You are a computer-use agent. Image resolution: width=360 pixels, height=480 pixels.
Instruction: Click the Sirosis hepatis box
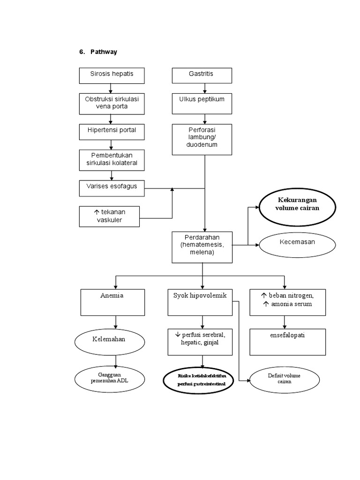pyautogui.click(x=112, y=75)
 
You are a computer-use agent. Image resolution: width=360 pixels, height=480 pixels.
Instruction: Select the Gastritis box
pyautogui.click(x=202, y=75)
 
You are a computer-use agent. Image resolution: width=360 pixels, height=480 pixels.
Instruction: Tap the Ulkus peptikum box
pyautogui.click(x=202, y=104)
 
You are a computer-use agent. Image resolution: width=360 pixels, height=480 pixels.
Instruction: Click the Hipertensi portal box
pyautogui.click(x=112, y=132)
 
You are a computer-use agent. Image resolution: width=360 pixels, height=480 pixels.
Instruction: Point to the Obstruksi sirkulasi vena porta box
pyautogui.click(x=112, y=104)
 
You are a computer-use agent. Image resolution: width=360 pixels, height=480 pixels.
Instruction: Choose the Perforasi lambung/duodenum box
pyautogui.click(x=202, y=139)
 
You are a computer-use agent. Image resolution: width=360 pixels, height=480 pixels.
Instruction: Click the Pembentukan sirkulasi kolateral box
pyautogui.click(x=112, y=160)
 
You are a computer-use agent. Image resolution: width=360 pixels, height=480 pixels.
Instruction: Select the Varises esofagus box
pyautogui.click(x=112, y=188)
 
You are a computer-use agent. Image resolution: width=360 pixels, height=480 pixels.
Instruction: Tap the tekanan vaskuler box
pyautogui.click(x=109, y=216)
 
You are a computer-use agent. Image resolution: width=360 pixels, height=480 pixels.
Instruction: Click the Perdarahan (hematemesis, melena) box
pyautogui.click(x=202, y=247)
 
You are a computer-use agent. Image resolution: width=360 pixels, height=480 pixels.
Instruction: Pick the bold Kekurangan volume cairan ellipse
pyautogui.click(x=298, y=205)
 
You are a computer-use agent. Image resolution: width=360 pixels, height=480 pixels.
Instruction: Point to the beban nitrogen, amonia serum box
pyautogui.click(x=287, y=302)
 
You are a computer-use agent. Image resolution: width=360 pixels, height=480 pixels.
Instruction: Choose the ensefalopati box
pyautogui.click(x=287, y=341)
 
